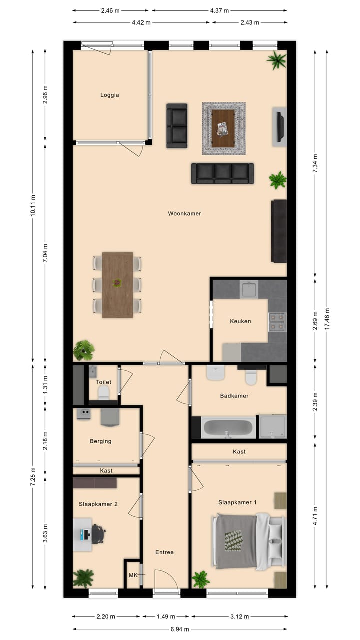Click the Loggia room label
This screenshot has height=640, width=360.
110,95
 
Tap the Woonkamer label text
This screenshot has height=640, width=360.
184,213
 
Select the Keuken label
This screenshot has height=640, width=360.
240,321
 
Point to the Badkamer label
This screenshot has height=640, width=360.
234,396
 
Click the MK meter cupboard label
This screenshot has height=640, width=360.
133,575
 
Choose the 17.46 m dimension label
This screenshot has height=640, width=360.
327,318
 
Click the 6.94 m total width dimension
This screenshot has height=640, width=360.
180,629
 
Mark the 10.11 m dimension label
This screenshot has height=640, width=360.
33,204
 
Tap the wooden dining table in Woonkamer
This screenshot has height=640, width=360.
117,285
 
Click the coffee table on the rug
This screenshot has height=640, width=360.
223,128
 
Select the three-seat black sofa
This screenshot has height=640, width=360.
222,173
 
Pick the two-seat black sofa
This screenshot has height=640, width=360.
177,126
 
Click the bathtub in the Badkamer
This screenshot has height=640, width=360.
229,428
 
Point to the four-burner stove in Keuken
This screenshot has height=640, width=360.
277,322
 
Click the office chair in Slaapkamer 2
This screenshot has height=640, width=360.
98,534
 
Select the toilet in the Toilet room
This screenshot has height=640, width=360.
104,392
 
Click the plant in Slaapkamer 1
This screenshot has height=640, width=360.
201,579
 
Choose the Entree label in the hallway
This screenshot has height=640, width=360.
164,552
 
